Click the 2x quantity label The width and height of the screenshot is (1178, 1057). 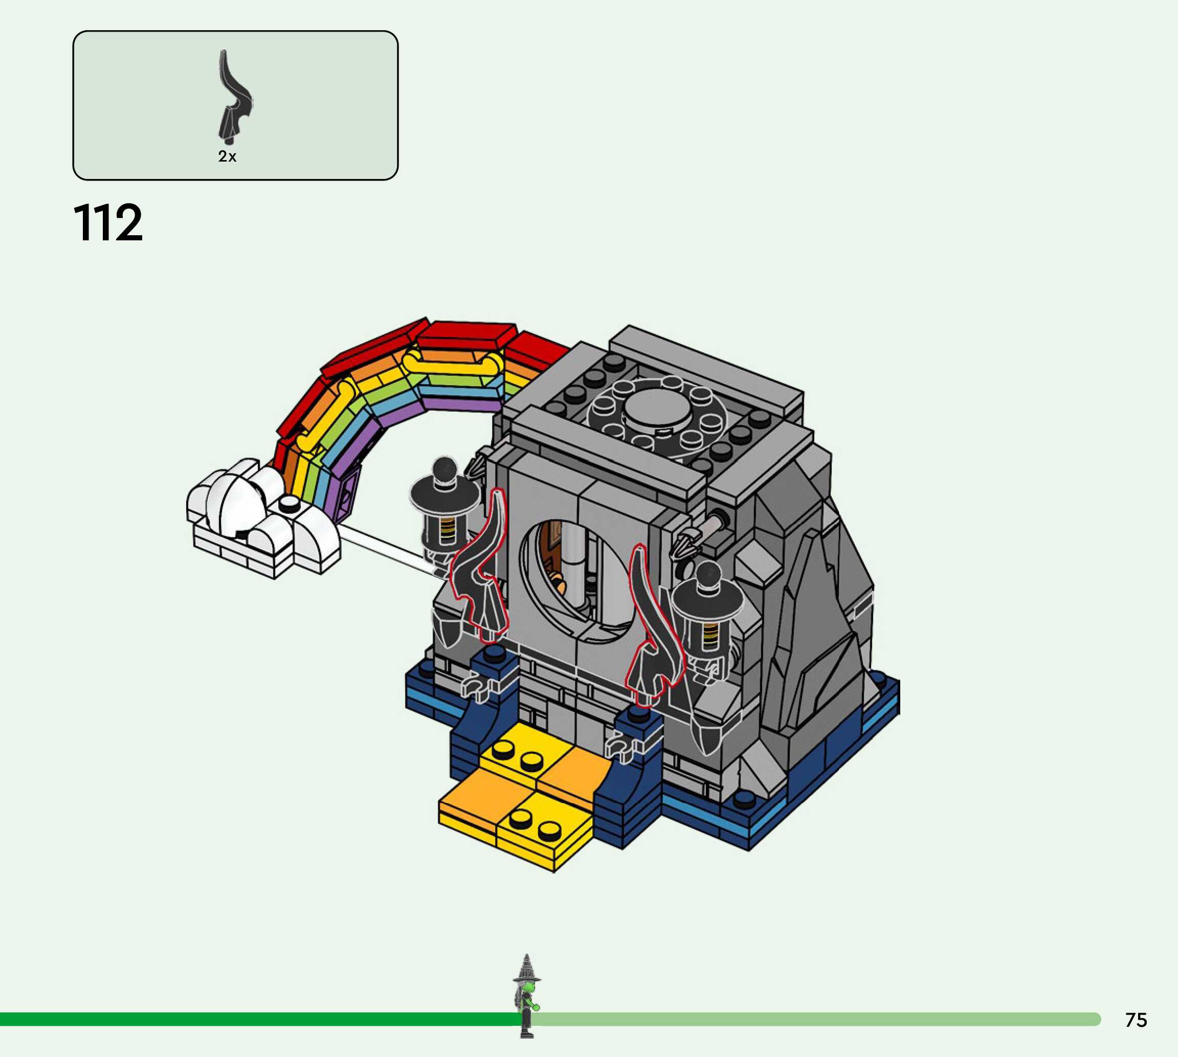click(x=227, y=156)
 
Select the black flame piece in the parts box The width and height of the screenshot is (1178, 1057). click(x=234, y=97)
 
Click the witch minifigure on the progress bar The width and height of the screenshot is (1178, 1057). click(x=527, y=996)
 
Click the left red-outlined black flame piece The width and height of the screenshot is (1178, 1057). click(x=479, y=566)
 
